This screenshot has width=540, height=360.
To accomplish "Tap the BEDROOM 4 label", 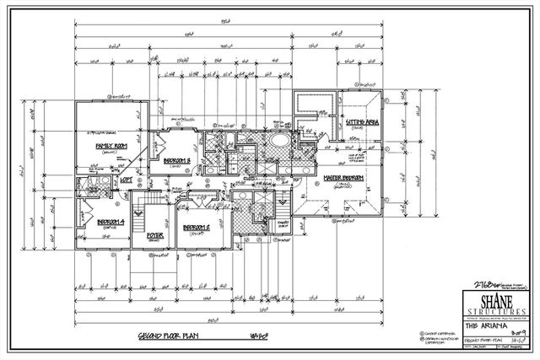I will (x=89, y=220).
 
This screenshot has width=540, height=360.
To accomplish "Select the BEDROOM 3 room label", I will (x=175, y=160).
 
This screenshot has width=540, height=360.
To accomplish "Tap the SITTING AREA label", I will (x=360, y=123).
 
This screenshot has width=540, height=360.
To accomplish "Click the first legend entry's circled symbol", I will (x=418, y=334).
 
